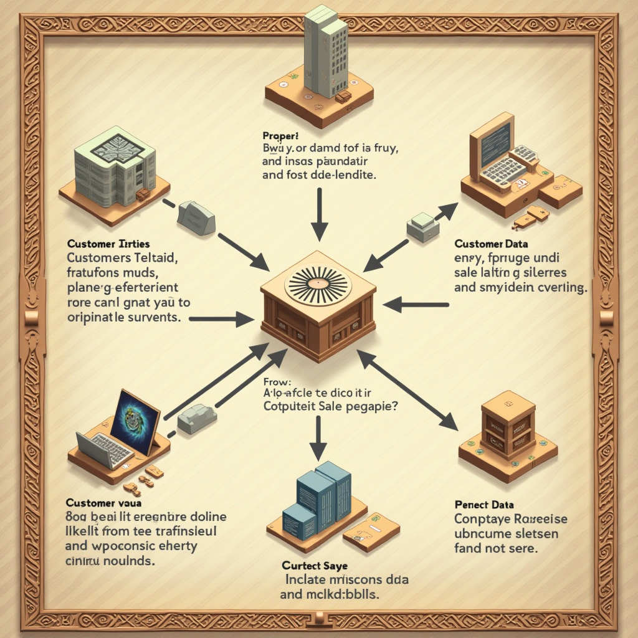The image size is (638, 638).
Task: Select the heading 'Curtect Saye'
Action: tap(315, 566)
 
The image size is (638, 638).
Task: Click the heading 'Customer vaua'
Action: tap(104, 502)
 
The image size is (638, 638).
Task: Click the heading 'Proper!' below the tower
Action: tap(281, 135)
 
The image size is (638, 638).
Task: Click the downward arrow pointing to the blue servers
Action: tap(318, 436)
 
